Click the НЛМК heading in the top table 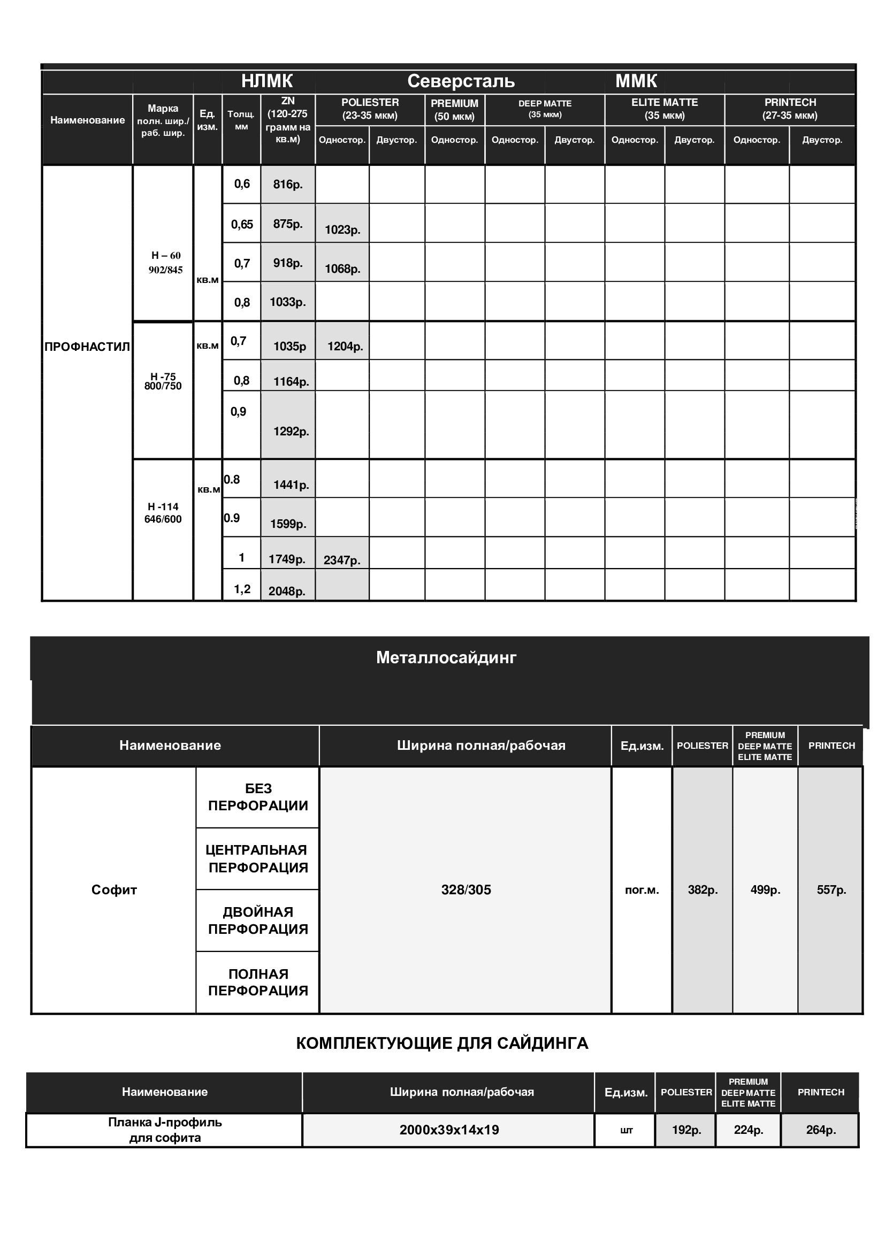[x=267, y=81]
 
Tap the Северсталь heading [x=461, y=81]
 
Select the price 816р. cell [x=288, y=185]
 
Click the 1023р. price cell [x=342, y=229]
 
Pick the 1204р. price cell [x=345, y=347]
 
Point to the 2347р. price [x=342, y=560]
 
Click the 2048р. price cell [x=287, y=591]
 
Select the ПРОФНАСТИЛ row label [x=87, y=347]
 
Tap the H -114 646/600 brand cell [x=163, y=513]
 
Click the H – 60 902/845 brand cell [x=166, y=263]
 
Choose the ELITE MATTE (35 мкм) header [x=665, y=109]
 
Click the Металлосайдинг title [x=446, y=658]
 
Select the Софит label [x=114, y=890]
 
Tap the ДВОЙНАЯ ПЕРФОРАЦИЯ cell [x=258, y=920]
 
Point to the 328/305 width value [x=466, y=890]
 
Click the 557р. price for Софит [x=831, y=890]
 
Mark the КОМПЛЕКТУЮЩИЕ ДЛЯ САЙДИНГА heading [x=442, y=1043]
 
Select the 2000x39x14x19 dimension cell [x=449, y=1130]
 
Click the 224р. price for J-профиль [x=748, y=1130]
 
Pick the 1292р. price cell [x=291, y=432]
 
